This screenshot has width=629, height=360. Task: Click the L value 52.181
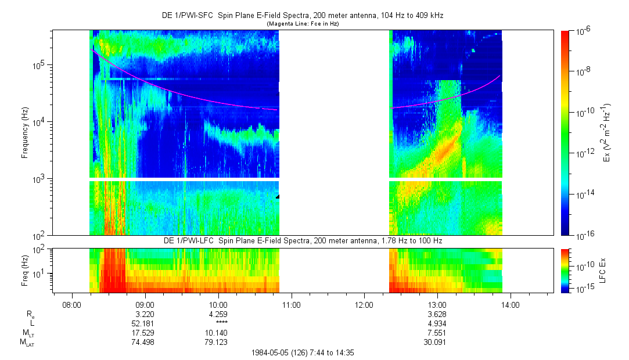pyautogui.click(x=145, y=323)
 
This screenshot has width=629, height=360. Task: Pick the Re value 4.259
pyautogui.click(x=218, y=314)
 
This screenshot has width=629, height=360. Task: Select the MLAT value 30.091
pyautogui.click(x=437, y=342)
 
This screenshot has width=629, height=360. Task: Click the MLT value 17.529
pyautogui.click(x=145, y=333)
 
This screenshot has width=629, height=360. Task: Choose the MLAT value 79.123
pyautogui.click(x=218, y=342)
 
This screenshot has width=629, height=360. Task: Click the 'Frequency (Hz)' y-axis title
pyautogui.click(x=25, y=134)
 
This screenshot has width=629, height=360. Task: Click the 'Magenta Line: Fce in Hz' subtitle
pyautogui.click(x=302, y=24)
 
